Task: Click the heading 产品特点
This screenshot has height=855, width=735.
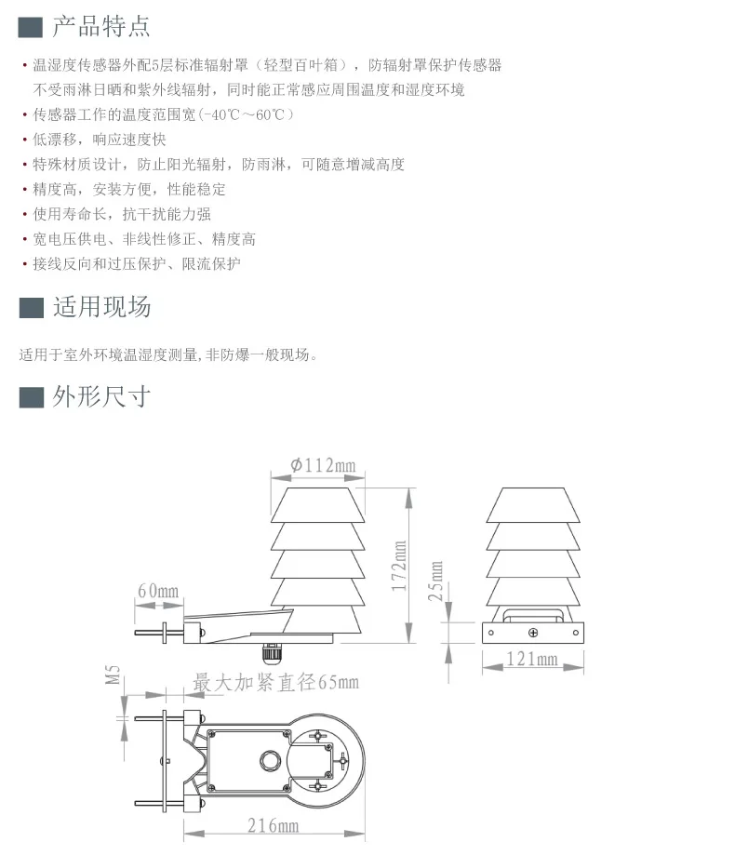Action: (100, 27)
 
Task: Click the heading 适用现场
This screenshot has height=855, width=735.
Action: (100, 307)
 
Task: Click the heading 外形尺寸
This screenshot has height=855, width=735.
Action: (100, 397)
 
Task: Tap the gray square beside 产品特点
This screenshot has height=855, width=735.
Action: (31, 27)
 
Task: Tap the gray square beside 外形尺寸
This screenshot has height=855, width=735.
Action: (31, 397)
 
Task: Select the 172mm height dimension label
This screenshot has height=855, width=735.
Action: (399, 567)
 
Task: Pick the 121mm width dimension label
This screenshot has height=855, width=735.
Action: (533, 660)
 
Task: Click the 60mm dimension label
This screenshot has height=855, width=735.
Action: (157, 592)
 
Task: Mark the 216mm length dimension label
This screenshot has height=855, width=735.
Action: (273, 825)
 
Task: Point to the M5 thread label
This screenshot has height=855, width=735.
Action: (114, 674)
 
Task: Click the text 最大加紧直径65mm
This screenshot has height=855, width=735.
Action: (275, 683)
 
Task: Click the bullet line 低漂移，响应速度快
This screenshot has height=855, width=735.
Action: (100, 140)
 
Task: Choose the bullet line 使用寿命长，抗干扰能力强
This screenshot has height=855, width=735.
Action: (122, 214)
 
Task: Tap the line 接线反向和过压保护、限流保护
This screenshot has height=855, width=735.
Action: (137, 263)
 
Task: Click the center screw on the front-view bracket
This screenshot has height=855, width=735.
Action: (533, 633)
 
